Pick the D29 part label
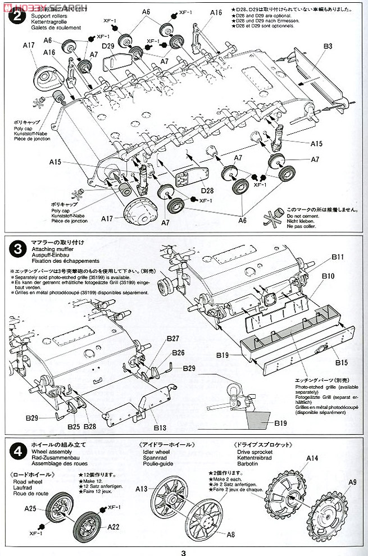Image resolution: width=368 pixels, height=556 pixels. click(109, 45)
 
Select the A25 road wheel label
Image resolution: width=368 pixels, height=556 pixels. click(31, 509)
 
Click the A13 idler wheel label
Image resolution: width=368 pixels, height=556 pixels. click(140, 488)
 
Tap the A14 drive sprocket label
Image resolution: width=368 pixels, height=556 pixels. click(312, 458)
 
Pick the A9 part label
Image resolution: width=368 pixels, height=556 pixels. click(352, 481)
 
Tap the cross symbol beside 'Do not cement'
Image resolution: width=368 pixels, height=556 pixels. click(274, 217)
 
